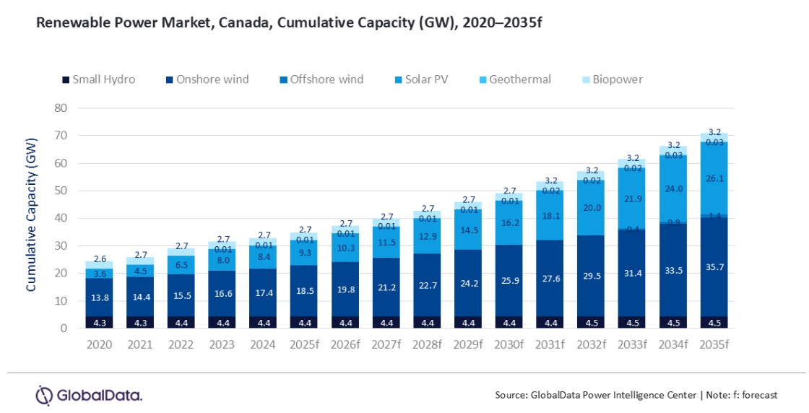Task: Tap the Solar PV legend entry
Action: [x=421, y=79]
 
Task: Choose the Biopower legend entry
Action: [x=616, y=79]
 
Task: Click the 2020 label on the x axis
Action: [x=100, y=345]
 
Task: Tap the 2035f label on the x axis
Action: [x=714, y=345]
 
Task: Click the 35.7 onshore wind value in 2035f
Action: [x=714, y=266]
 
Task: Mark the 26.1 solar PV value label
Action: [x=714, y=178]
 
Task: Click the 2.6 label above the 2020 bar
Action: [x=100, y=259]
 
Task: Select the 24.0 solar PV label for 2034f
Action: [x=673, y=188]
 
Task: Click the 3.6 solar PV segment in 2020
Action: [x=100, y=274]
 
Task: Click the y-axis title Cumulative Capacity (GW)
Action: [x=31, y=218]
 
